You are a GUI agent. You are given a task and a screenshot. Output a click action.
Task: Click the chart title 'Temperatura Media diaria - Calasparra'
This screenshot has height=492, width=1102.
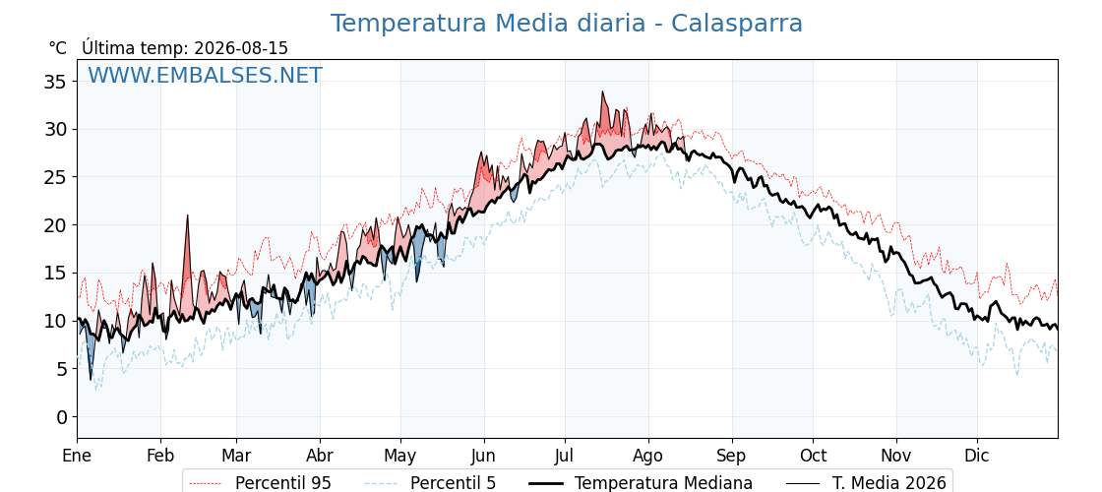pos(567,24)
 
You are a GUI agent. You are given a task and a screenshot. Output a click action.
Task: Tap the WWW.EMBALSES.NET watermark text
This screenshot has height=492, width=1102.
pos(206,75)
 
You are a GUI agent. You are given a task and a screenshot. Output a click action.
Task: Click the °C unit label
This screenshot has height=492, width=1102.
pos(58,48)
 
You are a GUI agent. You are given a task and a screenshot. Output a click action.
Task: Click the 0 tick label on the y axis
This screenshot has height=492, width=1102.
pos(63,417)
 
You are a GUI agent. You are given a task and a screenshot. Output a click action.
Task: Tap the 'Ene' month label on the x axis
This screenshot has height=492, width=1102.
pos(78,456)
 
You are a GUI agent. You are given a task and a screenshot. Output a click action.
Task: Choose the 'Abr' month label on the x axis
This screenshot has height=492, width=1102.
pos(320,456)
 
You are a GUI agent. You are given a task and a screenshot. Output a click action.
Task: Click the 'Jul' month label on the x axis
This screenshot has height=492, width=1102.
pos(565,456)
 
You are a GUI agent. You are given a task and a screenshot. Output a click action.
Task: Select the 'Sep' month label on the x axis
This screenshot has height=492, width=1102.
pos(732,457)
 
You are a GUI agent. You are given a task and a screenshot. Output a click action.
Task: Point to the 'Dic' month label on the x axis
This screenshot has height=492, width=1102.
pos(977,456)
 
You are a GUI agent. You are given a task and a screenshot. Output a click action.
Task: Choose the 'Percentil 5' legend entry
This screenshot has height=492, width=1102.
pos(431,483)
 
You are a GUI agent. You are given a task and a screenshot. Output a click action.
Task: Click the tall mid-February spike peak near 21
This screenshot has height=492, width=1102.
pos(188,215)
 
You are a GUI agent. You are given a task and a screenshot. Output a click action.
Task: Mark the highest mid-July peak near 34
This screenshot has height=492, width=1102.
pos(602,92)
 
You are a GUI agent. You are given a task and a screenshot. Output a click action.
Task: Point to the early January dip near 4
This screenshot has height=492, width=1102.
pos(91,380)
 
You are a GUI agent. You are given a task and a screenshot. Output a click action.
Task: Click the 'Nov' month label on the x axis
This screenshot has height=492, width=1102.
pos(896,456)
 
